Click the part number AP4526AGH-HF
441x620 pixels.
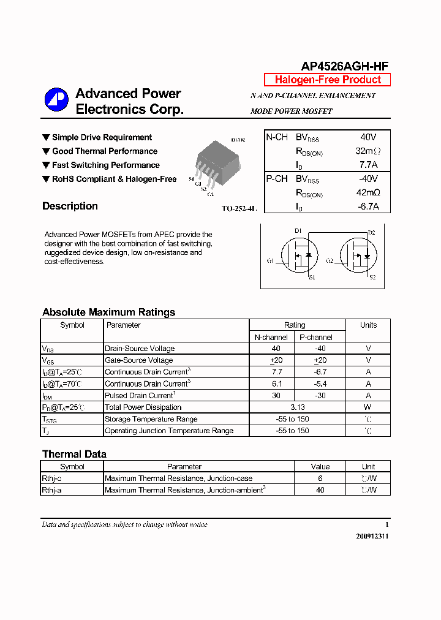344,66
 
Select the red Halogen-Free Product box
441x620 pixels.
327,80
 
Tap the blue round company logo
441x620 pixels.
56,100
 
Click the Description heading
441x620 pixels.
70,206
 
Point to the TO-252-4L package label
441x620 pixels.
239,209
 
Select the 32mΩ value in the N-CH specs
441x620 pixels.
367,151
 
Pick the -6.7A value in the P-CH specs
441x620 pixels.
367,206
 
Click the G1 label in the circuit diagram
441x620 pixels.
270,261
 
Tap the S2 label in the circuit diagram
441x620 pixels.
372,278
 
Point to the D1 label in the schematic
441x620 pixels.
298,231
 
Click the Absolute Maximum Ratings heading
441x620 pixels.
108,312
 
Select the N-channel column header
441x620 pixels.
271,337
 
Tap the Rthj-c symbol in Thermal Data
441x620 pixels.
51,478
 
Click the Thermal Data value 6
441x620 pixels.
320,478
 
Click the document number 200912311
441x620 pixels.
372,536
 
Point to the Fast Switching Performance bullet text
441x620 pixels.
105,165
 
